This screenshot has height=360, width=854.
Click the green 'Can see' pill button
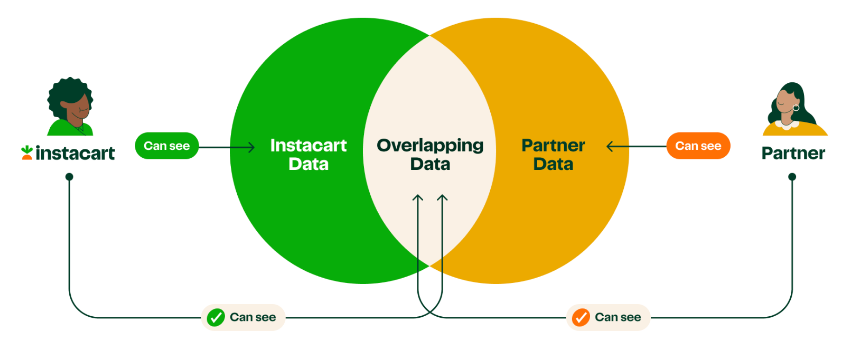coord(167,146)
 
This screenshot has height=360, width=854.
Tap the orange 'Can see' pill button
coord(698,146)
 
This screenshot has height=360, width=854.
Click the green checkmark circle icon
coord(216,318)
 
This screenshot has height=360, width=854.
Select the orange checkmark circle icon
coord(581,318)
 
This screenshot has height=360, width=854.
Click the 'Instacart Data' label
coord(308,155)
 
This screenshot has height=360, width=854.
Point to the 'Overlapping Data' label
coord(430,155)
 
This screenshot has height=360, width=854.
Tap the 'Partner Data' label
coord(553,155)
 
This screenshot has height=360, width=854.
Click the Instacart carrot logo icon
coord(27,153)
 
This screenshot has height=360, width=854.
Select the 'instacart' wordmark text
coord(75,153)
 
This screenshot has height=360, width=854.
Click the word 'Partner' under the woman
coord(793,153)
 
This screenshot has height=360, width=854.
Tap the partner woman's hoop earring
coord(796,108)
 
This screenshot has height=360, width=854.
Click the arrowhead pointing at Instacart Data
coord(252,147)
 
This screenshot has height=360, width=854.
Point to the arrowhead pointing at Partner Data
coord(610,147)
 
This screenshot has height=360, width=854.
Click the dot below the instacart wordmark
coord(69,177)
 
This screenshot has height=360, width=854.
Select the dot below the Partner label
coord(792,177)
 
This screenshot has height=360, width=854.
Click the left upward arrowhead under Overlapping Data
coord(418,198)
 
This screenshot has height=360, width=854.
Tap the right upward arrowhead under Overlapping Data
coord(442,198)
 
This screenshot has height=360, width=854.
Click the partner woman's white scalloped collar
coord(786,125)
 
